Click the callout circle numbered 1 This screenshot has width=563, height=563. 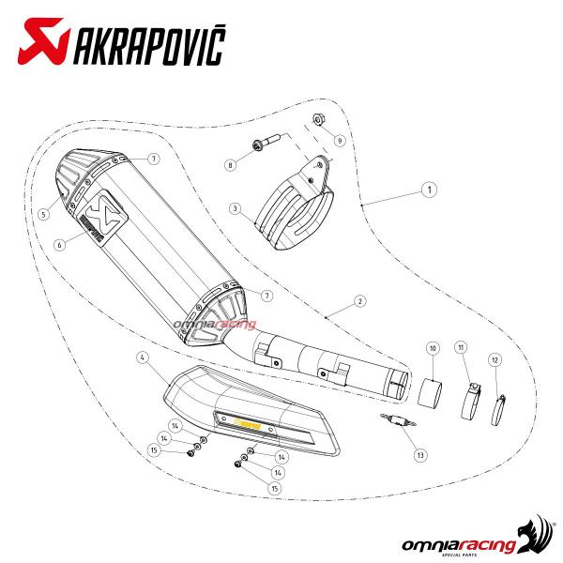pyautogui.click(x=428, y=190)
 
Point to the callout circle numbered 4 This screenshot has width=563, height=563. pyautogui.click(x=142, y=357)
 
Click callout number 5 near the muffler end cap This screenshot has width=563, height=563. pyautogui.click(x=43, y=213)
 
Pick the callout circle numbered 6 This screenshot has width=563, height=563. pyautogui.click(x=59, y=245)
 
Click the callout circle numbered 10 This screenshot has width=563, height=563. pyautogui.click(x=433, y=348)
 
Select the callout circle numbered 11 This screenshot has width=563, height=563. pyautogui.click(x=462, y=348)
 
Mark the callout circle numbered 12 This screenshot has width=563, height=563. pyautogui.click(x=494, y=359)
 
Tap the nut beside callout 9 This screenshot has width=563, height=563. pyautogui.click(x=317, y=119)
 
